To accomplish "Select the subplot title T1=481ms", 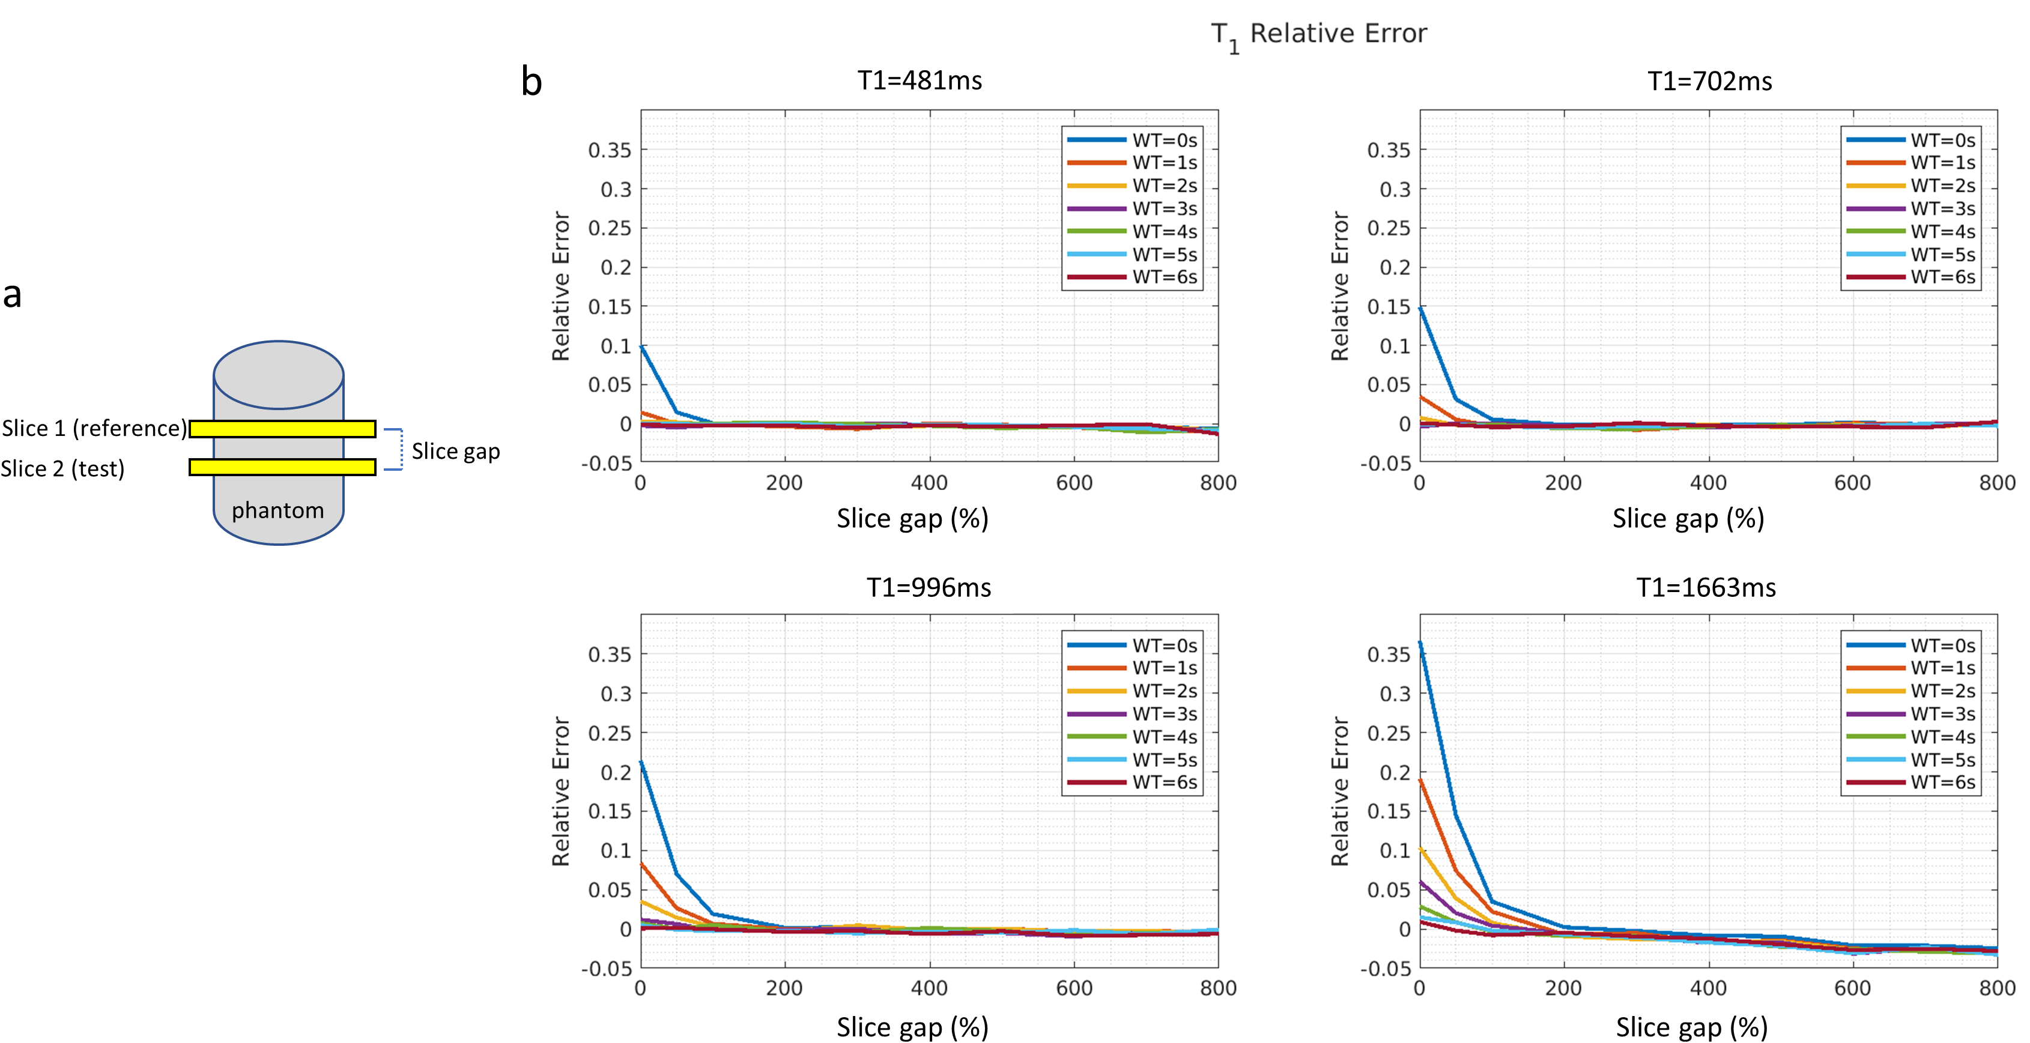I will click(920, 81).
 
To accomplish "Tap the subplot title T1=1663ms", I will click(1706, 588).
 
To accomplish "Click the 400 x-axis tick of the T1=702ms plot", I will click(1709, 483).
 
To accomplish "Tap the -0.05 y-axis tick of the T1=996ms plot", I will click(606, 968).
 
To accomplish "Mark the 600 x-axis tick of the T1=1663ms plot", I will click(1853, 988).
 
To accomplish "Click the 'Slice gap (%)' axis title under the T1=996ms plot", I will click(912, 1027).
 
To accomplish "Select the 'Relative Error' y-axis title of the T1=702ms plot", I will click(1340, 286).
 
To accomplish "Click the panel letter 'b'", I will click(532, 82).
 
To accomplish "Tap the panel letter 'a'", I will click(12, 295).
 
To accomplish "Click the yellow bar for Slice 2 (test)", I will click(282, 467).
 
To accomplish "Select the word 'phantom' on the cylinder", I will click(277, 510).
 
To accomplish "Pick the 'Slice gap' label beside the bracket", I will click(455, 452).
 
